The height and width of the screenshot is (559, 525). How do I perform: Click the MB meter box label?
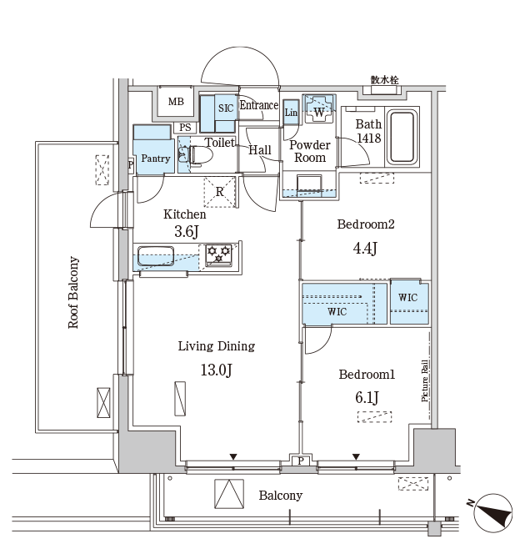[176, 102]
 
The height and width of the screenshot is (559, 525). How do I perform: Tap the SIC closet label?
[226, 108]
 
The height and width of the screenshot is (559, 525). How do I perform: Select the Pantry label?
[155, 159]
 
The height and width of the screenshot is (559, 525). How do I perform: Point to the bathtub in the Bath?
[402, 137]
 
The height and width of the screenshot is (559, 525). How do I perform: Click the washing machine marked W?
[319, 108]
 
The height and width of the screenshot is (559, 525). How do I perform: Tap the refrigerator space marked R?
[219, 192]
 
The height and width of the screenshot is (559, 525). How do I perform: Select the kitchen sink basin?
[156, 256]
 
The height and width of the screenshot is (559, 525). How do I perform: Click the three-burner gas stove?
[218, 254]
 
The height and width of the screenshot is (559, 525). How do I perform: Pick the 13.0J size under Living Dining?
[216, 370]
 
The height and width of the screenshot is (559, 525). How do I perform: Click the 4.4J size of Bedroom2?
[365, 248]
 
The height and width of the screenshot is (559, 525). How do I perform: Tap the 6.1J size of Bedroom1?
[367, 397]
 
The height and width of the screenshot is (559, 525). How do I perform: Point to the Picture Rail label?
[424, 380]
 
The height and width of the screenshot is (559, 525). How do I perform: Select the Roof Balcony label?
[73, 292]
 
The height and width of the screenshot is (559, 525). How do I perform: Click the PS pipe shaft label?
[185, 128]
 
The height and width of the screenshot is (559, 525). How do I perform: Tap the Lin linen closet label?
[291, 113]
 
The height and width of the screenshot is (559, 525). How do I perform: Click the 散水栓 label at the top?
[385, 80]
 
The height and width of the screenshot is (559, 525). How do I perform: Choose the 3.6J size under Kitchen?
[187, 231]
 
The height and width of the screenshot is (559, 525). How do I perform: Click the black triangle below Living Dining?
[233, 456]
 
